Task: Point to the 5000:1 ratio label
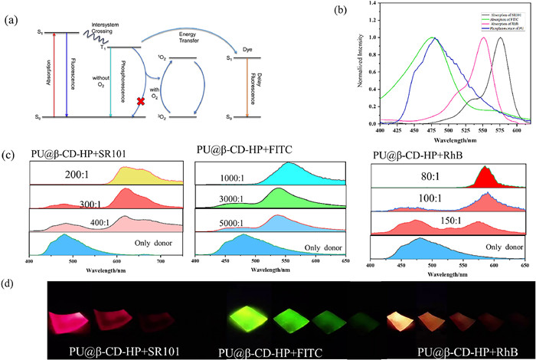[229, 225]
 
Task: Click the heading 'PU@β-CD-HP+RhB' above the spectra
[413, 153]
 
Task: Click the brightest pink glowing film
[72, 316]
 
